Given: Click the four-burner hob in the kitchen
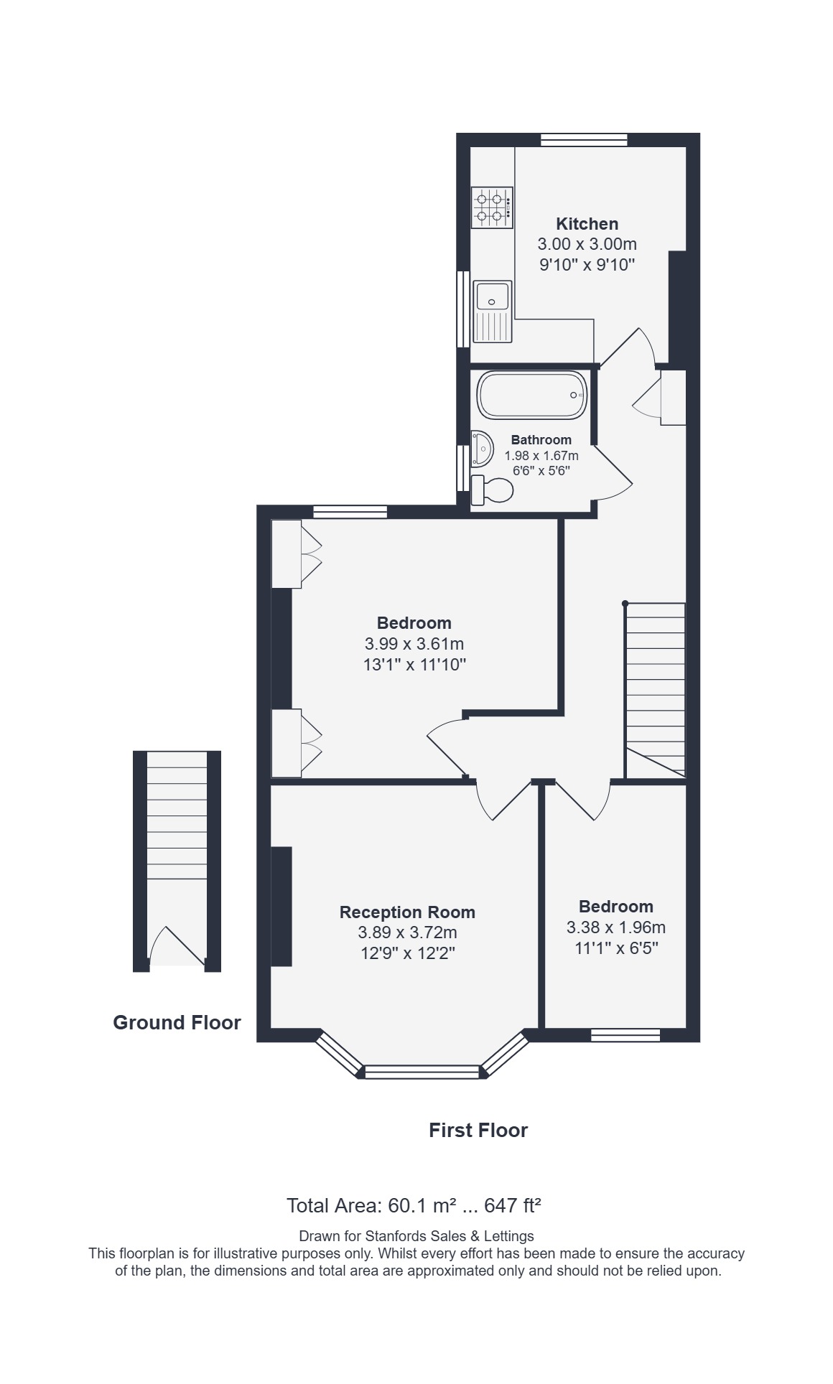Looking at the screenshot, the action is (x=492, y=207).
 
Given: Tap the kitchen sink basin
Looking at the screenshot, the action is (x=492, y=296).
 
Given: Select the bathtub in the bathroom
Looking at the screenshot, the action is (x=532, y=395).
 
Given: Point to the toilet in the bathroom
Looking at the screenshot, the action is (x=493, y=490).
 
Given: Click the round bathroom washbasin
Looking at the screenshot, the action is (x=482, y=449).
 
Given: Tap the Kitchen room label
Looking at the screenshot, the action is (x=587, y=224).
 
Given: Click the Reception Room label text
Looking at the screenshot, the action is (x=407, y=912).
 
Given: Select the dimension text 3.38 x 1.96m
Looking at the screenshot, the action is (x=616, y=927).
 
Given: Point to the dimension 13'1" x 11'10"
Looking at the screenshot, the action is (x=415, y=665).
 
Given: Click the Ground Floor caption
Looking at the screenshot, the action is (x=177, y=1022).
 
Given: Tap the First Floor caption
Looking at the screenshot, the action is (x=478, y=1130).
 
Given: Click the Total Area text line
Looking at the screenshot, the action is (x=414, y=1205).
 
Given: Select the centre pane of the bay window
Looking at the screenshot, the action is (x=422, y=1072).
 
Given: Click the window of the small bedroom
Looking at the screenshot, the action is (x=625, y=1035).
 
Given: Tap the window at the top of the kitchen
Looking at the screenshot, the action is (x=584, y=140).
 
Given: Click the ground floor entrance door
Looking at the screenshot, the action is (x=177, y=944).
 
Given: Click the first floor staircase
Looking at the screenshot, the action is (x=655, y=690).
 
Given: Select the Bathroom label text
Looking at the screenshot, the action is (x=541, y=440).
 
